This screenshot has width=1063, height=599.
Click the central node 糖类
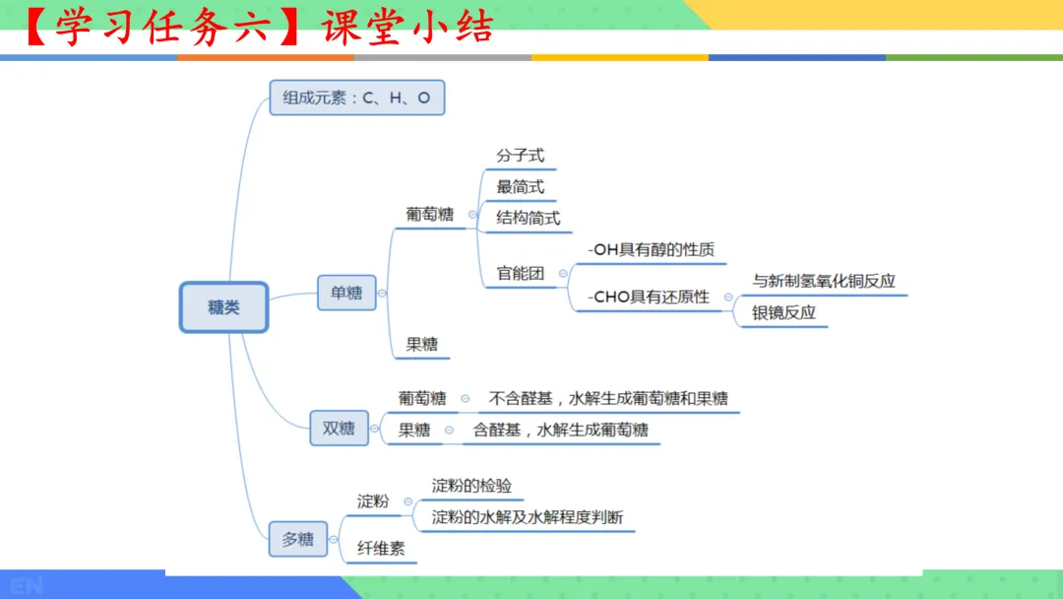point(223,307)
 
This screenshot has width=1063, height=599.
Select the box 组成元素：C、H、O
point(356,98)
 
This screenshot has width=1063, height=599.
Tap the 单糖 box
point(346,293)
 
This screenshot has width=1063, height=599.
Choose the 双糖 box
point(339,429)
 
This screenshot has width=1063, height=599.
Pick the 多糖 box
point(297,539)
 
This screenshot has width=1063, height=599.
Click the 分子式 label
point(520,156)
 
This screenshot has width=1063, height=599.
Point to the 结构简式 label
point(528,218)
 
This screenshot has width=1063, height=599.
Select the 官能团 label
point(520,274)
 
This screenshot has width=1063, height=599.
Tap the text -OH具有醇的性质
point(651,250)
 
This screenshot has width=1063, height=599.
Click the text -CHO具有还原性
point(648,297)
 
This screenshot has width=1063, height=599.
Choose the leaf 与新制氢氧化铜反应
point(824,281)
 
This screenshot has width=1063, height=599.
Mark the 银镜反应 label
point(783,313)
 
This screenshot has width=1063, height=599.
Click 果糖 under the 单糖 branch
point(421,345)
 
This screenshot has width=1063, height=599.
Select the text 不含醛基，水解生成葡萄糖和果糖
point(608,399)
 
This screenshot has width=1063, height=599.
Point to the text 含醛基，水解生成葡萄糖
point(560,430)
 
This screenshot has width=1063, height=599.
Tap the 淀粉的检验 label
point(471,486)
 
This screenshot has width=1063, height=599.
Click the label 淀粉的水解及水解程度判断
point(528,517)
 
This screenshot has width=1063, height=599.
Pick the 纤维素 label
point(381,549)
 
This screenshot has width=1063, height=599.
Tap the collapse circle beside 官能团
point(564,274)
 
